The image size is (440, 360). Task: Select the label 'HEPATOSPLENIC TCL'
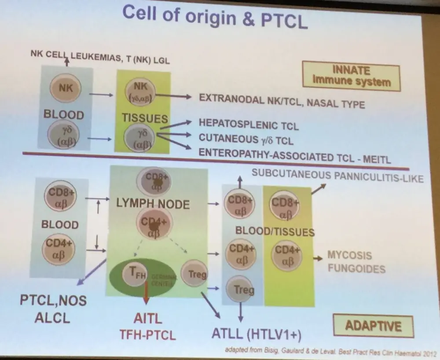(x=249, y=125)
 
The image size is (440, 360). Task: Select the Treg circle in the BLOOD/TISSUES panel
(x=240, y=289)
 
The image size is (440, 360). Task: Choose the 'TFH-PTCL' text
(x=148, y=334)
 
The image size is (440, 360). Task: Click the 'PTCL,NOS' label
(x=53, y=301)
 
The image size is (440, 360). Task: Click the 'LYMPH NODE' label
(x=153, y=204)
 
